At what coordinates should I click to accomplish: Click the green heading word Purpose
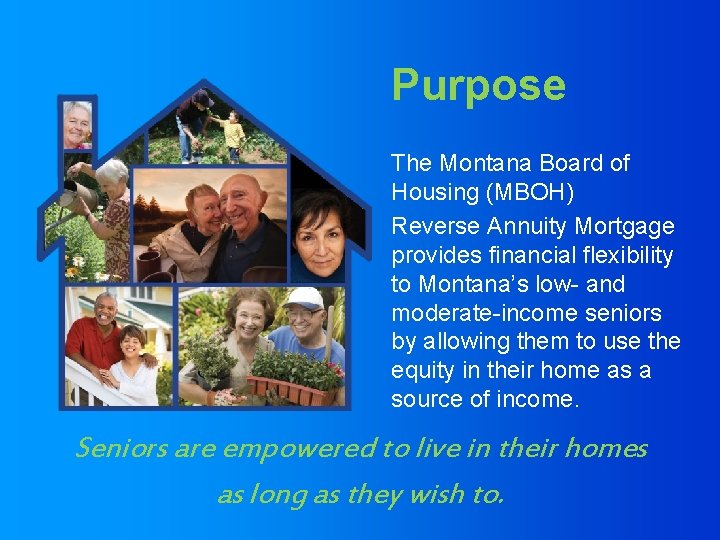coord(478,86)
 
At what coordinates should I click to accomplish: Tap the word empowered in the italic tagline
coord(295,449)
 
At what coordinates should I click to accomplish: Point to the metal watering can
coord(75,195)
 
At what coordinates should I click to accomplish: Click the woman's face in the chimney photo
coord(78,123)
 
